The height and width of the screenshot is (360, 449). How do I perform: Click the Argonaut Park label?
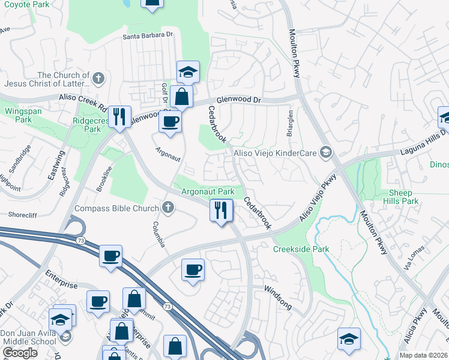pyautogui.click(x=208, y=191)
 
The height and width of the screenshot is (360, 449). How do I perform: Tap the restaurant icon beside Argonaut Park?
pyautogui.click(x=221, y=211)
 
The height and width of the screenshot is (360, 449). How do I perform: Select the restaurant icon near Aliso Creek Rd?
pyautogui.click(x=119, y=116)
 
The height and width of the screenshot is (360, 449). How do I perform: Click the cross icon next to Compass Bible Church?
pyautogui.click(x=167, y=208)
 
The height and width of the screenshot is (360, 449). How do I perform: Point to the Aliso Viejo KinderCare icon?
pyautogui.click(x=325, y=153)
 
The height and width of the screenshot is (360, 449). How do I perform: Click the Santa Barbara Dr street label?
pyautogui.click(x=148, y=35)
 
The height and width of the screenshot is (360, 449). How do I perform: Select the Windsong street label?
pyautogui.click(x=278, y=297)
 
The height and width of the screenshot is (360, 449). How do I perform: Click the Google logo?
pyautogui.click(x=20, y=353)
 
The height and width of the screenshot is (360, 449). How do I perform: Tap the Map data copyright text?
pyautogui.click(x=423, y=355)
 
